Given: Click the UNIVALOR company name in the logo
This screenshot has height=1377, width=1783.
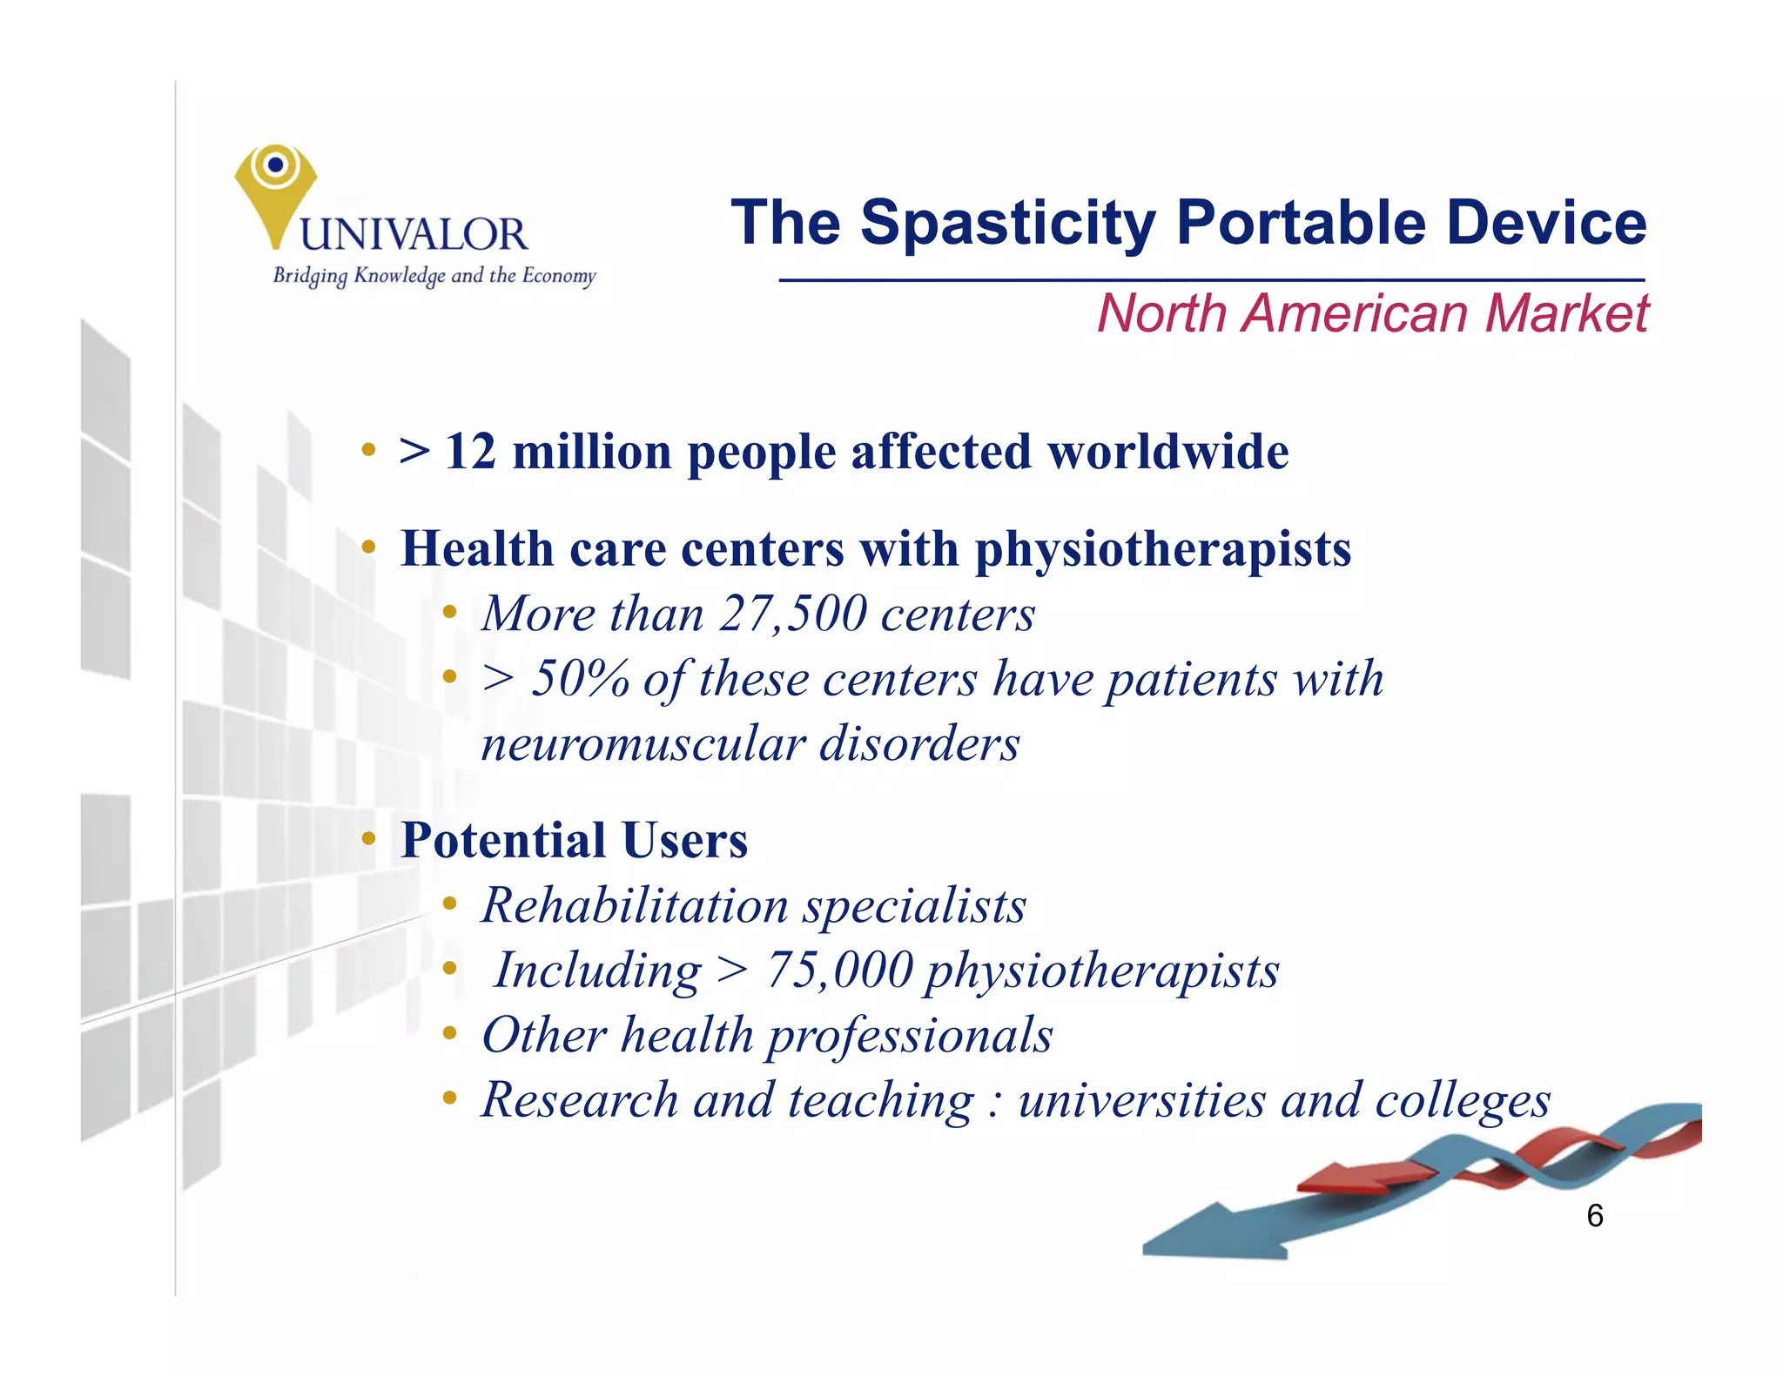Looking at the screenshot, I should click(414, 235).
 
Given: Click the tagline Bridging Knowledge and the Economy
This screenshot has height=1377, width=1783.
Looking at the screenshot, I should click(434, 276).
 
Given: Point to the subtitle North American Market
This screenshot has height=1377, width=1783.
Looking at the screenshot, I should click(1372, 313).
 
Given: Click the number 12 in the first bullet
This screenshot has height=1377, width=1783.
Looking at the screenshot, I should click(470, 453).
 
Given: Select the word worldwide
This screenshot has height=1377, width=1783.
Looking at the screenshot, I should click(1167, 453).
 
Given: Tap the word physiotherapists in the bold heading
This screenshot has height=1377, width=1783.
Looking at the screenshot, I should click(1162, 550).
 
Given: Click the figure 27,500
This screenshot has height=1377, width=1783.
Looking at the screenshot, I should click(793, 614).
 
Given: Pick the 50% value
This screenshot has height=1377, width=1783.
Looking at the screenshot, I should click(580, 679).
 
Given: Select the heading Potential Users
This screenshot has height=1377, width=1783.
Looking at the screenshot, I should click(574, 841).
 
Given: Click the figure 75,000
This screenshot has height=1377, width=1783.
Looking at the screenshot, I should click(839, 970).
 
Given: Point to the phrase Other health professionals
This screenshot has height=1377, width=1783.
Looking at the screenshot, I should click(767, 1035).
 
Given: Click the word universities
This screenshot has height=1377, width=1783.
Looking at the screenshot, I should click(1141, 1100).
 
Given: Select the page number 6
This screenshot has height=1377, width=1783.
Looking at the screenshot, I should click(1594, 1216).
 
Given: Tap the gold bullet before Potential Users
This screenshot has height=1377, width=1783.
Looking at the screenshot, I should click(369, 839).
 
